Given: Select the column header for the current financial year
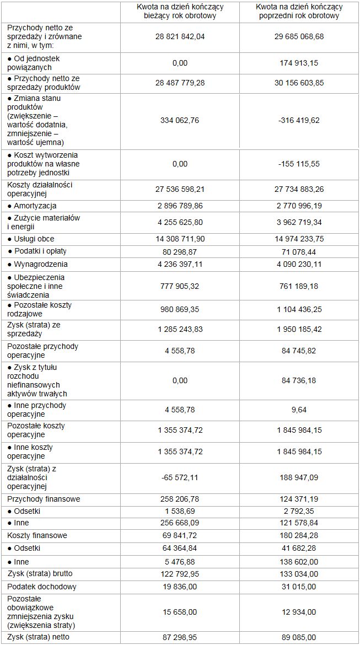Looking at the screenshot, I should click(180, 12).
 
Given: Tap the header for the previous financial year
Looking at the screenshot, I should click(299, 12).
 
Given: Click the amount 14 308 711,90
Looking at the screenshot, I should click(180, 239).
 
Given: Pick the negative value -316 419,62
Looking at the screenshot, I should click(299, 120).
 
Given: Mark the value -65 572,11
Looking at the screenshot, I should click(180, 477).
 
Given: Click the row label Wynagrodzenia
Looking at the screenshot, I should click(36, 264).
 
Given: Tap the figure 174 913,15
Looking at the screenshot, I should click(299, 63).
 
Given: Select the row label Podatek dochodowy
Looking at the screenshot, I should click(42, 587).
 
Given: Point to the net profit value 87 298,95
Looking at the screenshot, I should click(180, 638).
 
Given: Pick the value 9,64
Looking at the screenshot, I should click(299, 410).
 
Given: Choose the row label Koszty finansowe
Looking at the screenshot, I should click(37, 535).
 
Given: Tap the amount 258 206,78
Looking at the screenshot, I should click(180, 499).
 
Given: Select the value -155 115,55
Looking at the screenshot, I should click(299, 164).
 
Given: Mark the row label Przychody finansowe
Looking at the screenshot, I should click(44, 499).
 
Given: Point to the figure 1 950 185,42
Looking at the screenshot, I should click(299, 329).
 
